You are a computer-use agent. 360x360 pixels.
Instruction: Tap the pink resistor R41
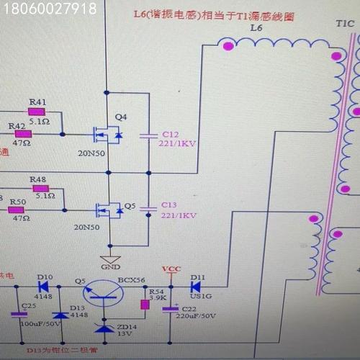pyautogui.click(x=36, y=112)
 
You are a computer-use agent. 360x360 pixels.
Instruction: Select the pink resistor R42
pyautogui.click(x=24, y=133)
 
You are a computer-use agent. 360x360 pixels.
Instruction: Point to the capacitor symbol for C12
pyautogui.click(x=148, y=134)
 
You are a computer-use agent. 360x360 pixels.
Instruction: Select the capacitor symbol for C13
pyautogui.click(x=148, y=207)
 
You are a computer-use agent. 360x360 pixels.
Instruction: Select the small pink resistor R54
pyautogui.click(x=145, y=305)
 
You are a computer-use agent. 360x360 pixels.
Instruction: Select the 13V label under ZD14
pyautogui.click(x=125, y=333)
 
